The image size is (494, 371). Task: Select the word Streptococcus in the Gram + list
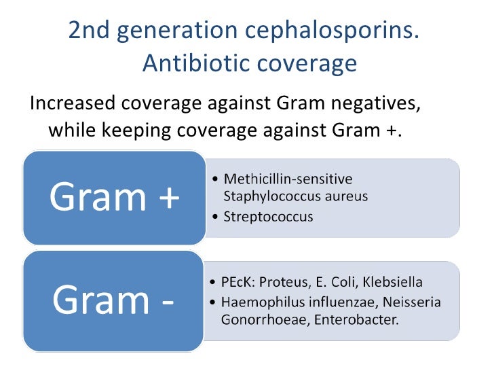click(x=268, y=217)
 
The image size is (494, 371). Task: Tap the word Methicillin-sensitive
click(x=288, y=179)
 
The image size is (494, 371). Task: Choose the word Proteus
click(x=280, y=282)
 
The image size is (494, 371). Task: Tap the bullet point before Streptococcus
click(x=215, y=217)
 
